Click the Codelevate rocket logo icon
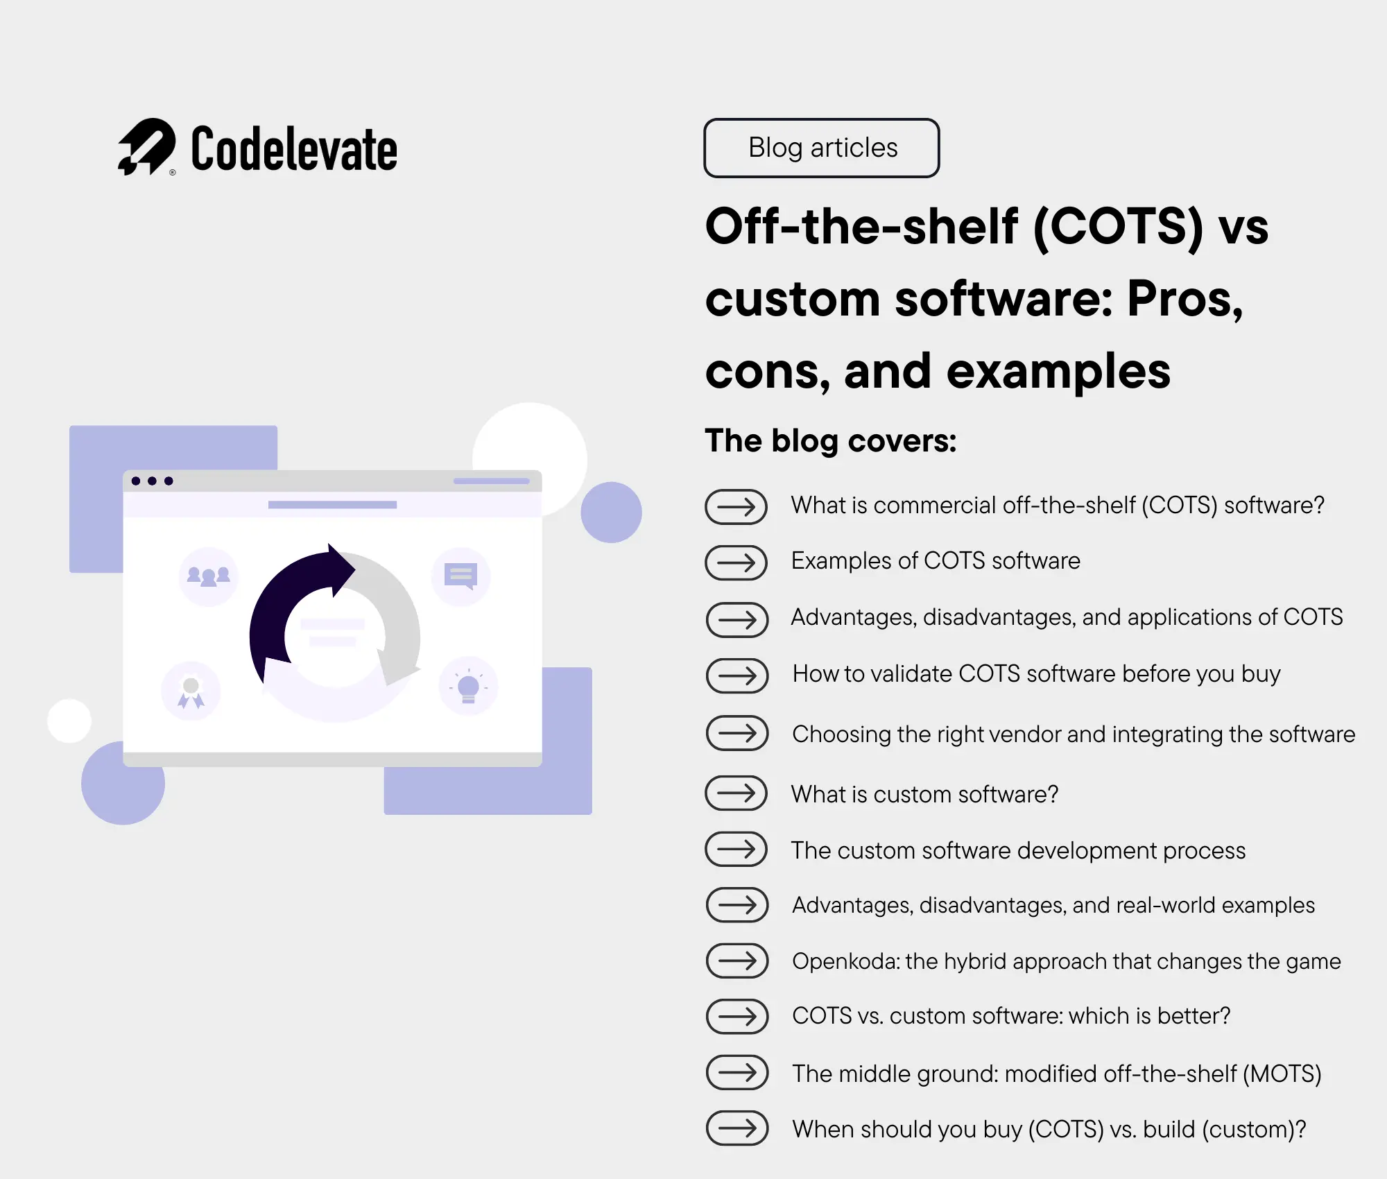point(146,146)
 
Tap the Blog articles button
point(822,148)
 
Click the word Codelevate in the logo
point(294,149)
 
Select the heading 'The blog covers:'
point(830,440)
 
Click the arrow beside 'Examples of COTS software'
point(736,562)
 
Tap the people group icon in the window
point(208,576)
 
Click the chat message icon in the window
point(460,576)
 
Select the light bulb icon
point(469,687)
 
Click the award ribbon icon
point(191,691)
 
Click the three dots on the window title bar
point(152,481)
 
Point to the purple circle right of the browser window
point(611,512)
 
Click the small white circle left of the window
point(69,721)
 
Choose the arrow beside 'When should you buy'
point(736,1128)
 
